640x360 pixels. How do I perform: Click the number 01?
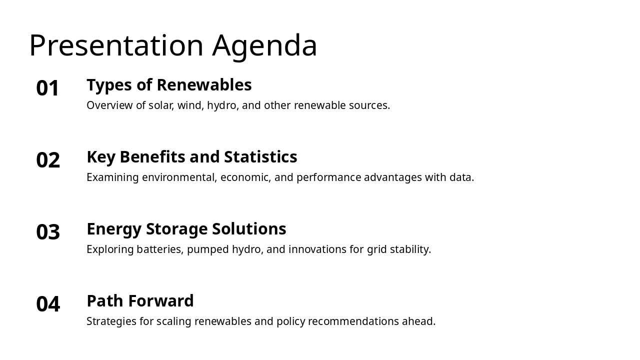click(x=48, y=88)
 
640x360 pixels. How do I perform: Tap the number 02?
click(x=48, y=160)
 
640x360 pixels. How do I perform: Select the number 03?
click(x=48, y=232)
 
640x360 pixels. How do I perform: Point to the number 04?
click(x=48, y=304)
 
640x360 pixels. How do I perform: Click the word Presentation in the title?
click(x=116, y=45)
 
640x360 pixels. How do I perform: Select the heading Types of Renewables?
click(x=169, y=85)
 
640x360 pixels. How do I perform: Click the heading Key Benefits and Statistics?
click(x=191, y=157)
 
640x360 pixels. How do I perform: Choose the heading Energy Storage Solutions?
click(x=186, y=229)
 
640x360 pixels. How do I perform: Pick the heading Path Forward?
click(x=140, y=301)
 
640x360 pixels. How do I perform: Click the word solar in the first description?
click(x=160, y=105)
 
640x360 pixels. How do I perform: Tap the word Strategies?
click(x=111, y=321)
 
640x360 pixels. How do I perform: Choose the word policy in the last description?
click(x=290, y=321)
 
